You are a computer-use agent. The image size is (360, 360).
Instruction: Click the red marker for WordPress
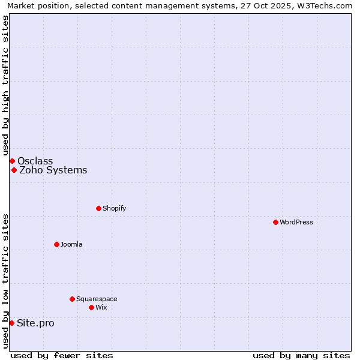coord(275,222)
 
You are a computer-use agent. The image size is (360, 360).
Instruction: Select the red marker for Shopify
coord(98,208)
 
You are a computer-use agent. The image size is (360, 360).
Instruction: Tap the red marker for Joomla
coord(56,244)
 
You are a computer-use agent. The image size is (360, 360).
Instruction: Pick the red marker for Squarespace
coord(72,299)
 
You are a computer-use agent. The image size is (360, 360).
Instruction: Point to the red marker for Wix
coord(91,307)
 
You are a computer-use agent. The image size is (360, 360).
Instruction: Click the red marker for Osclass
coord(12,161)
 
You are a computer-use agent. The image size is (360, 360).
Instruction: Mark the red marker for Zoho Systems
coord(14,170)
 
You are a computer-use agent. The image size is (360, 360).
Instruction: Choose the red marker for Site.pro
coord(11,323)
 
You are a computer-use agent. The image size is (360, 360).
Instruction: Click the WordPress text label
coord(296,222)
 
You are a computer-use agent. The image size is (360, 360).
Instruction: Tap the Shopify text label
coord(114,208)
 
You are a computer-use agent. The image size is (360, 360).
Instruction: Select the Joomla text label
coord(71,244)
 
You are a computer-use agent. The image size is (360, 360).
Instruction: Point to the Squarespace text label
coord(97,299)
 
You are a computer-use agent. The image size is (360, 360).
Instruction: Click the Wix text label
coord(101,307)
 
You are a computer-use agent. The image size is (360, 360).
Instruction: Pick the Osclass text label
coord(35,161)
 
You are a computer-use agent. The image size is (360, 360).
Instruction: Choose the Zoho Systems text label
coord(53,170)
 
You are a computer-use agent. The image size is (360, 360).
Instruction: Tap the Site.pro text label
coord(35,323)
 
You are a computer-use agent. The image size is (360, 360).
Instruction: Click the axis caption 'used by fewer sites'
coord(62,355)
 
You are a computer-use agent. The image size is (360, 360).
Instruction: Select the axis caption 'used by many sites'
coord(301,355)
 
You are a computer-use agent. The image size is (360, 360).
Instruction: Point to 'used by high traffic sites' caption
coord(5,85)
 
